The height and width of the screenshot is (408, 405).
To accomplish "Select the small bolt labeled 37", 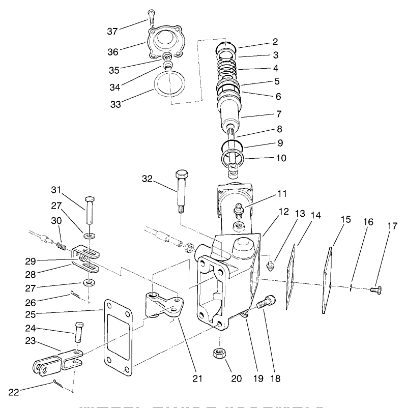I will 151,17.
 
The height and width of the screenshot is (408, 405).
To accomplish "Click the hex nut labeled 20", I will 219,354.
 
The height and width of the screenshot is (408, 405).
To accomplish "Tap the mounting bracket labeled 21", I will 163,307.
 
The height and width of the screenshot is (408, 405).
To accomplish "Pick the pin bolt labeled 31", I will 90,209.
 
